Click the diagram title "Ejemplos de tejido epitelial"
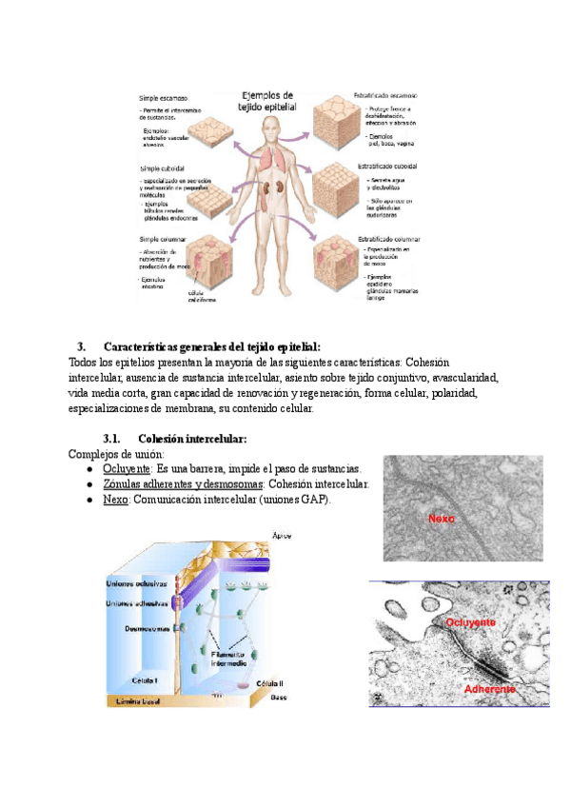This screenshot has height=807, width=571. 268,101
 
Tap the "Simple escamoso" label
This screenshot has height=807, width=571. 164,98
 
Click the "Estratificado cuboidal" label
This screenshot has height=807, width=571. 390,166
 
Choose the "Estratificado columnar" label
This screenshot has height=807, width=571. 390,239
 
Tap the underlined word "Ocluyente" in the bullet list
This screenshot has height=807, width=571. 127,469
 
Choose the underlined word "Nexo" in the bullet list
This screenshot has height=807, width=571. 114,500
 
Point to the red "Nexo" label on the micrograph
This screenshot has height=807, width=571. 442,520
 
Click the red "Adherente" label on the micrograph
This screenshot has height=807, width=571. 489,688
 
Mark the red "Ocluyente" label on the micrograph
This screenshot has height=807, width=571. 470,621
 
